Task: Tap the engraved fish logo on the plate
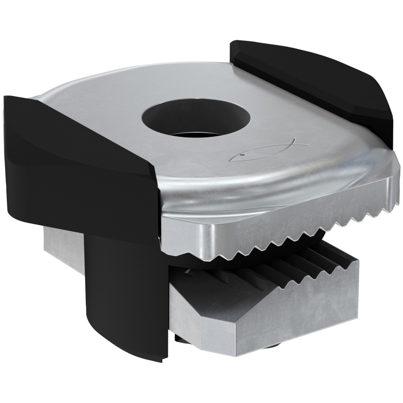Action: coord(270,150)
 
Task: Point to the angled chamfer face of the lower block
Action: coord(201,306)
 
